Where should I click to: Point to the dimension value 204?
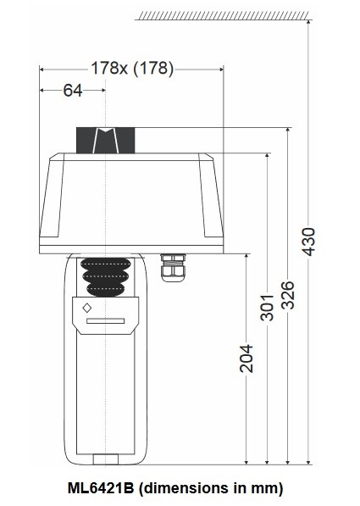(x=246, y=359)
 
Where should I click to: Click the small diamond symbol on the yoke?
(x=87, y=309)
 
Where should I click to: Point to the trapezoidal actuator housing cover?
(x=131, y=199)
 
